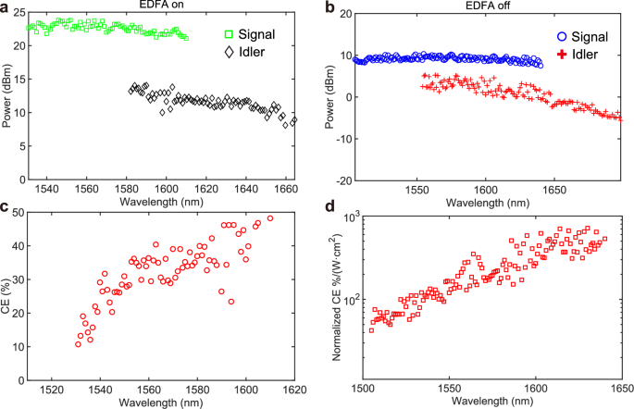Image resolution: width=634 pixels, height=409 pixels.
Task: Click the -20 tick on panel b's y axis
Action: click(x=353, y=180)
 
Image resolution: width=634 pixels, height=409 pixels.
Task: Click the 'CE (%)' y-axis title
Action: click(x=6, y=296)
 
